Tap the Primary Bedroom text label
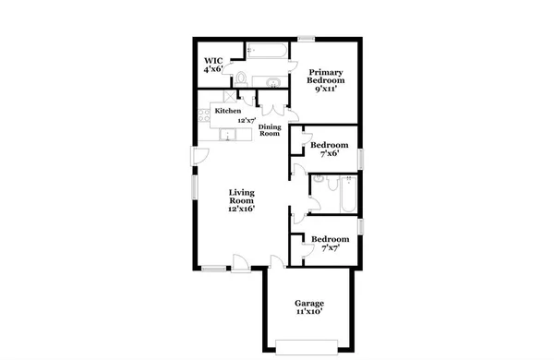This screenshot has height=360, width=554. coord(326,77)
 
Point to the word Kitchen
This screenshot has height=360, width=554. coord(227,111)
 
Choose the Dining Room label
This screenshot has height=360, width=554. coord(269,130)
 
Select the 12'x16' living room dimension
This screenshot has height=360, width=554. coord(241,209)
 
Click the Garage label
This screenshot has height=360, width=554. coord(308,303)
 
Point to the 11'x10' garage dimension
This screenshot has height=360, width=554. coord(308,314)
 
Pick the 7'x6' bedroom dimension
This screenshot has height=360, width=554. coord(329,154)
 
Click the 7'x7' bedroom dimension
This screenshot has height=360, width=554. coord(329,248)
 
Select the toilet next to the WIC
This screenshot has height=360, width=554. coord(239,78)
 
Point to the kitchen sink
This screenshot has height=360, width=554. coord(227,136)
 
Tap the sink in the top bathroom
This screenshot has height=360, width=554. coord(273,81)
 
